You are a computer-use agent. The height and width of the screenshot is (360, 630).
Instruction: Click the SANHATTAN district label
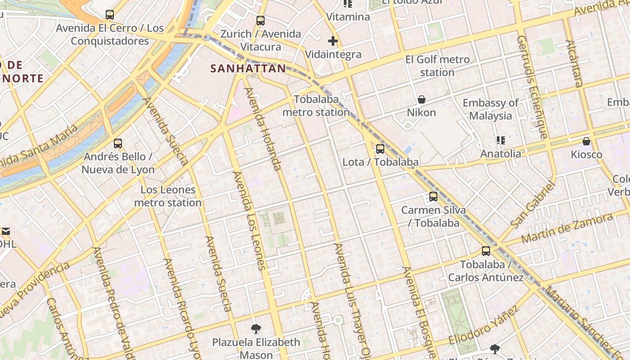tap(248, 68)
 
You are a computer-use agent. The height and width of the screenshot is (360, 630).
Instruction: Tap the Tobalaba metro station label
tap(316, 105)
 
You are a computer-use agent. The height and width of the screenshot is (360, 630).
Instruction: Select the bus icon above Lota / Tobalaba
tap(380, 148)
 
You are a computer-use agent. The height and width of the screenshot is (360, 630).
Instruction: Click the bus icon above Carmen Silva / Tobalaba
tap(433, 197)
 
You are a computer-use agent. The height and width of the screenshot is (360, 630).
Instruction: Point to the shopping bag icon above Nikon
tap(422, 99)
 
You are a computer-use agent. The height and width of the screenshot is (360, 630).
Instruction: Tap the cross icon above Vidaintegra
tap(333, 41)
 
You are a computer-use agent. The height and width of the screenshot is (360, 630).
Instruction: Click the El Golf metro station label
tap(437, 66)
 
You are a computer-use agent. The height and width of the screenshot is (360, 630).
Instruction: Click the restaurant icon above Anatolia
tap(500, 140)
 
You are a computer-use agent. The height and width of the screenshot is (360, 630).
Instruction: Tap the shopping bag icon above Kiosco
tap(586, 142)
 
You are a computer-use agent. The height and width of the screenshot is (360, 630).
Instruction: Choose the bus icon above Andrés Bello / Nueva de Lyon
tap(118, 144)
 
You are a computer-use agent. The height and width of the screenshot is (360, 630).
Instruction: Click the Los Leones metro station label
tap(168, 196)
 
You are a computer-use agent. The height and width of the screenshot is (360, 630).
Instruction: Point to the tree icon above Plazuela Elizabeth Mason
tap(256, 329)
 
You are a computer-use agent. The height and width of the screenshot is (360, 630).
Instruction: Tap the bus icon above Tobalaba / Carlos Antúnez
tap(486, 251)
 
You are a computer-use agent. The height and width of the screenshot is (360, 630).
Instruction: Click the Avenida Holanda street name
tap(263, 129)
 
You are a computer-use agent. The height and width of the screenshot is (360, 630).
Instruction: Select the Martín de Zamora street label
tap(567, 229)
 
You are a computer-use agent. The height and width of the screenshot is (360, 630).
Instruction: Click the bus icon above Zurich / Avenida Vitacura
tap(260, 21)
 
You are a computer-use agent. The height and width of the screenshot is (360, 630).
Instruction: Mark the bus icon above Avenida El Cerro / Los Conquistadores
tap(109, 15)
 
